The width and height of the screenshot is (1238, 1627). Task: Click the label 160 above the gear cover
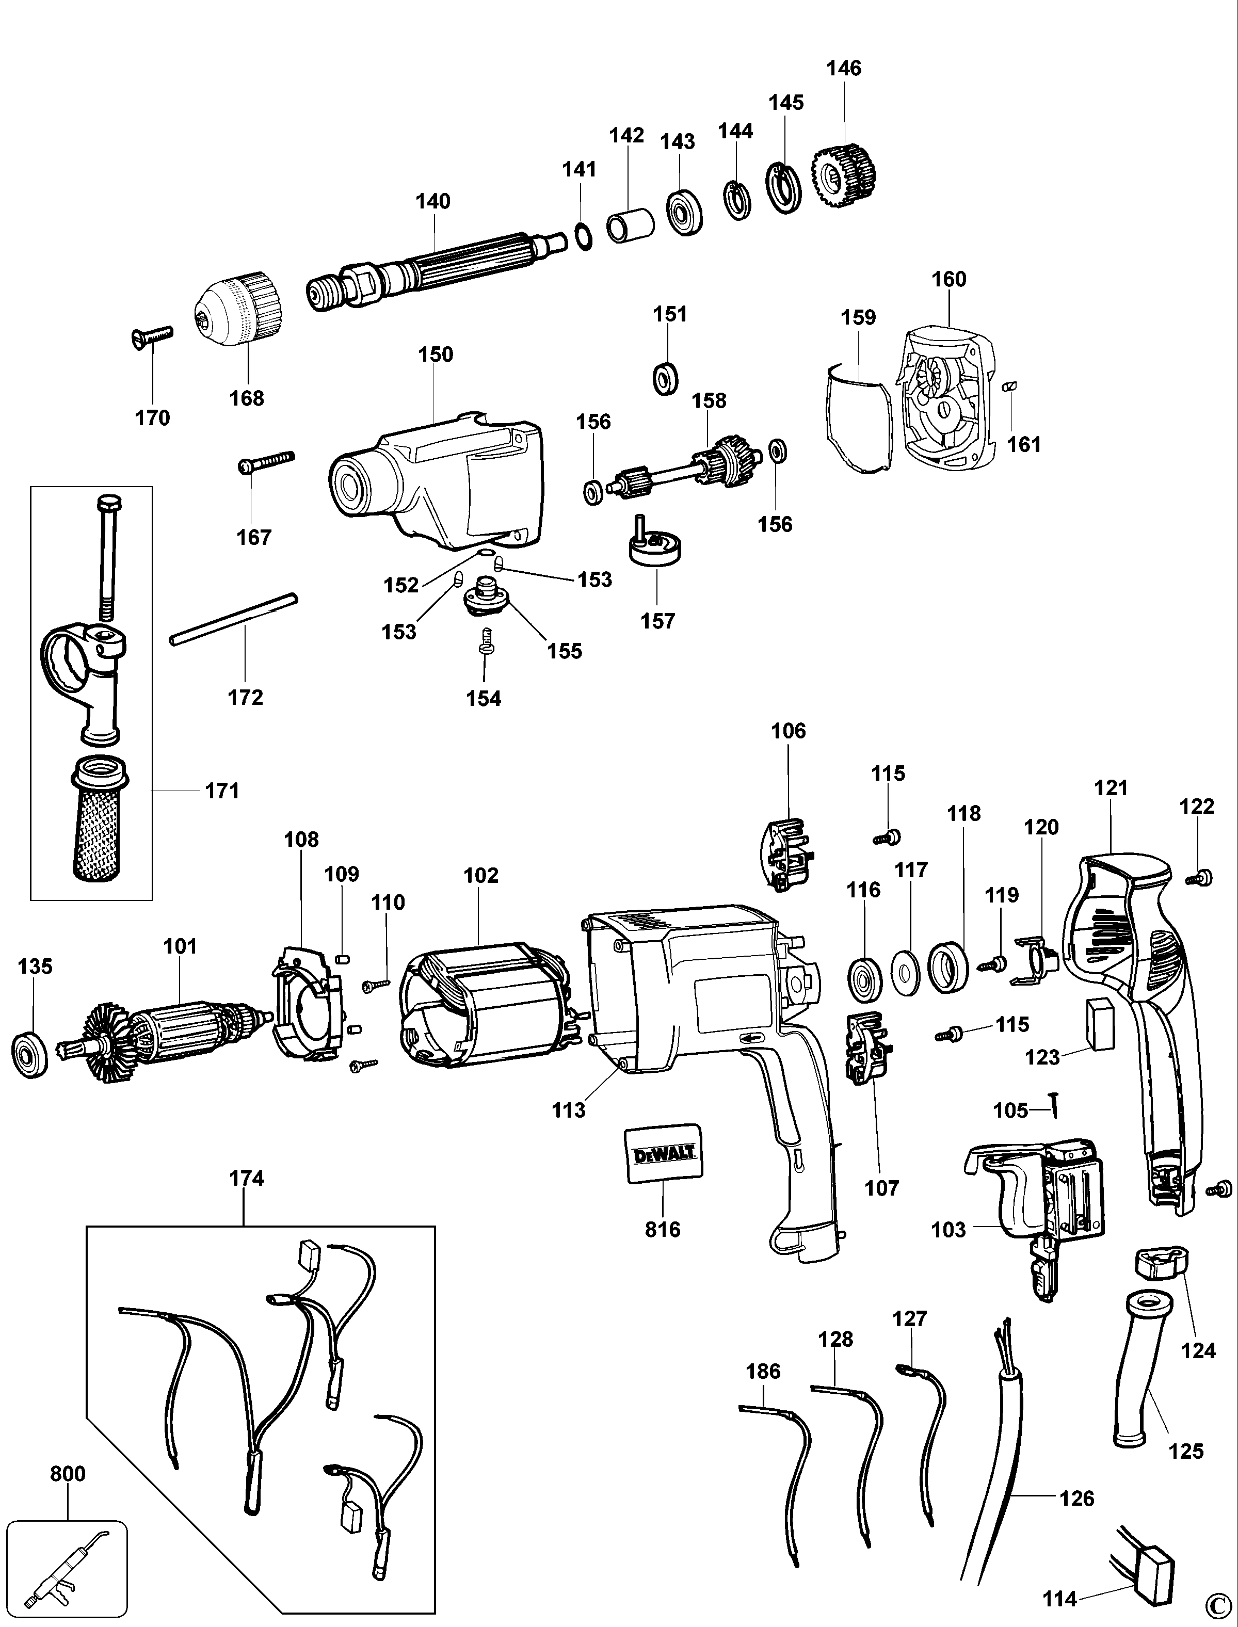(x=948, y=279)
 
